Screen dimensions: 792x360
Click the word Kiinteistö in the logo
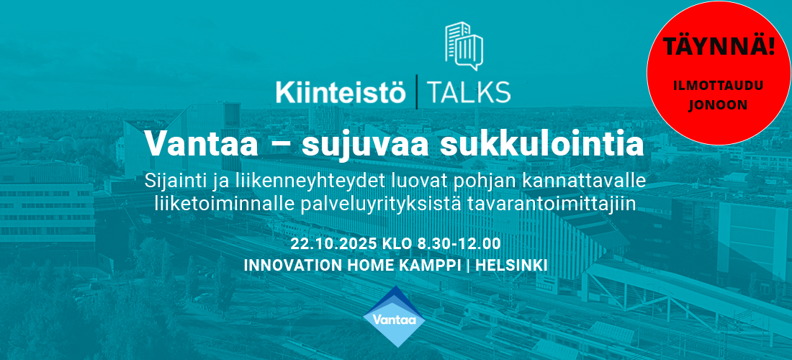(341, 91)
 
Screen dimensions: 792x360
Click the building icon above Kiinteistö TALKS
(464, 46)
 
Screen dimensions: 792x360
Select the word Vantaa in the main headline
(202, 144)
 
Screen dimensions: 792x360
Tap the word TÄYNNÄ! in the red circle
(719, 46)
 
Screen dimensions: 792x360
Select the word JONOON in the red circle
(719, 104)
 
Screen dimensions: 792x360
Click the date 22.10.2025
(334, 244)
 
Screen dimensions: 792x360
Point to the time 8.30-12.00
(459, 244)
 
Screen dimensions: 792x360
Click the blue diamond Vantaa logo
(394, 317)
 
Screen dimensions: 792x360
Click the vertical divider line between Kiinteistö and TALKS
(416, 92)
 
